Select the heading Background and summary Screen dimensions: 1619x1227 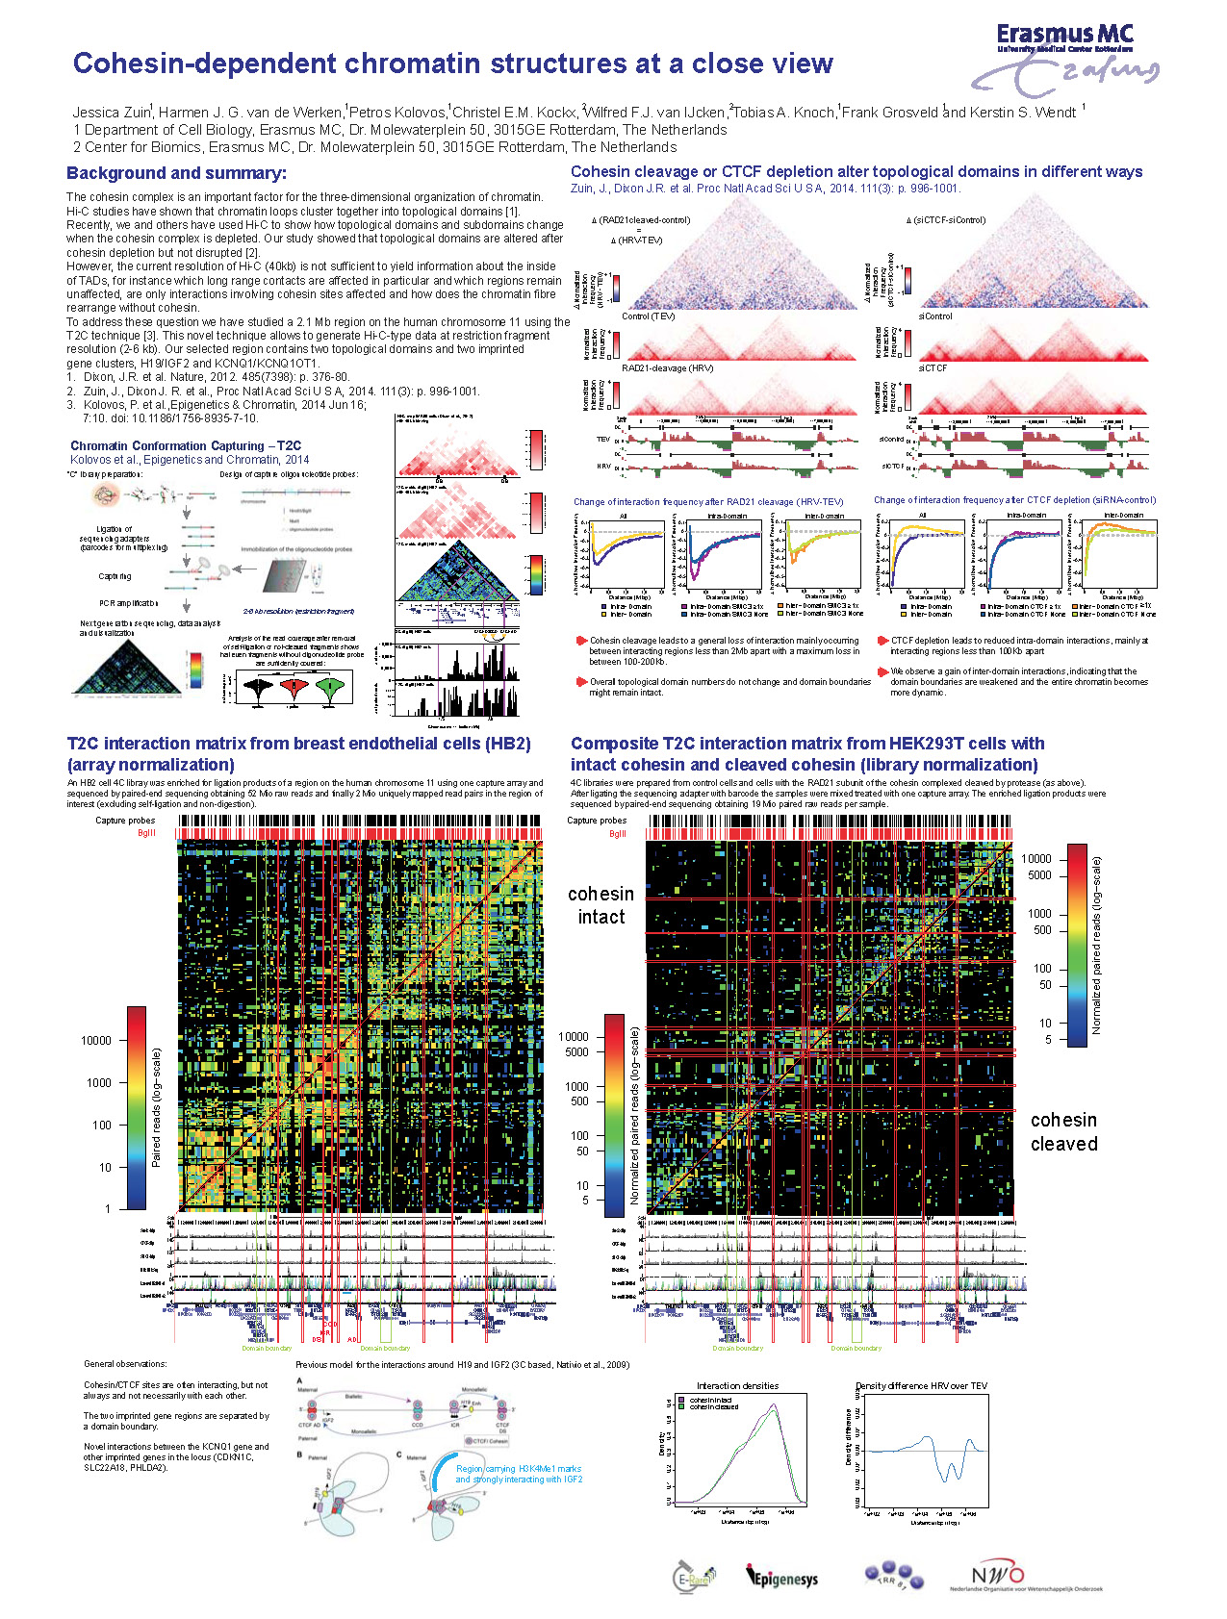[176, 173]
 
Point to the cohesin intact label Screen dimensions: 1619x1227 [601, 905]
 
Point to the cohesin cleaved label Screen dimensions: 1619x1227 [1063, 1131]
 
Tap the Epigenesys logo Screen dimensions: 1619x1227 [781, 1578]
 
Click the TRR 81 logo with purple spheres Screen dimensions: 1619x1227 [894, 1576]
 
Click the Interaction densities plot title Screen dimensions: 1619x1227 [737, 1385]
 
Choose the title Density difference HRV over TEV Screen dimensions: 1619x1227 [921, 1385]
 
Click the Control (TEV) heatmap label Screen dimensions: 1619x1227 [648, 316]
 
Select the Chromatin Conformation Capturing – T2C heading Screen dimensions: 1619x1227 [186, 445]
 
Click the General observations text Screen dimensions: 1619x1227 [125, 1363]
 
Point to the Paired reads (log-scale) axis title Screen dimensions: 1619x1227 [157, 1106]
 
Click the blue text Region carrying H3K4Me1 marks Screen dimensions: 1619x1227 [519, 1469]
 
